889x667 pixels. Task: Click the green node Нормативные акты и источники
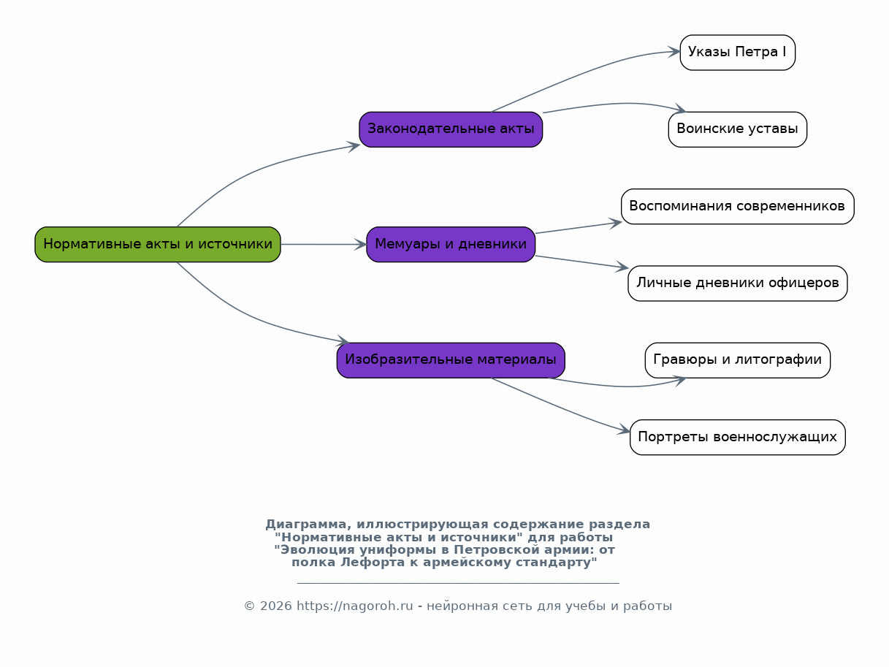pos(158,244)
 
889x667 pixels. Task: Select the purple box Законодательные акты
pos(451,129)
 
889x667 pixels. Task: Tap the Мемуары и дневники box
pos(451,244)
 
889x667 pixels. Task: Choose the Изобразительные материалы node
pos(451,360)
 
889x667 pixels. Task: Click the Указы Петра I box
pos(738,53)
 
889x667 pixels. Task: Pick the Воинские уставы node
pos(738,129)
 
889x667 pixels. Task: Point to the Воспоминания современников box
pos(738,206)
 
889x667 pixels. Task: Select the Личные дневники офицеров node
pos(738,283)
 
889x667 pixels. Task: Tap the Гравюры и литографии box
pos(738,360)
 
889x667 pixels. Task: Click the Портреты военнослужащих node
pos(738,437)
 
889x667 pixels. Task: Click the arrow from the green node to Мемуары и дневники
pos(324,244)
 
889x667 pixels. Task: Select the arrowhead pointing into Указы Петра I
pos(674,52)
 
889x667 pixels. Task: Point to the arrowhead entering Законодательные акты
pos(353,147)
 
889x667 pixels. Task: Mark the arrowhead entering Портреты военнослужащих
pos(624,430)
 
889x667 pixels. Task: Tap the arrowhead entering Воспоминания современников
pos(616,223)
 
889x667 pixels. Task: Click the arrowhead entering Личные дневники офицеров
pos(622,267)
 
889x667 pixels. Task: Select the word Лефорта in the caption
pos(373,562)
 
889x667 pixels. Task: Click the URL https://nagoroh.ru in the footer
pos(354,606)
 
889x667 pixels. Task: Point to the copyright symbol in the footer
pos(249,606)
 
